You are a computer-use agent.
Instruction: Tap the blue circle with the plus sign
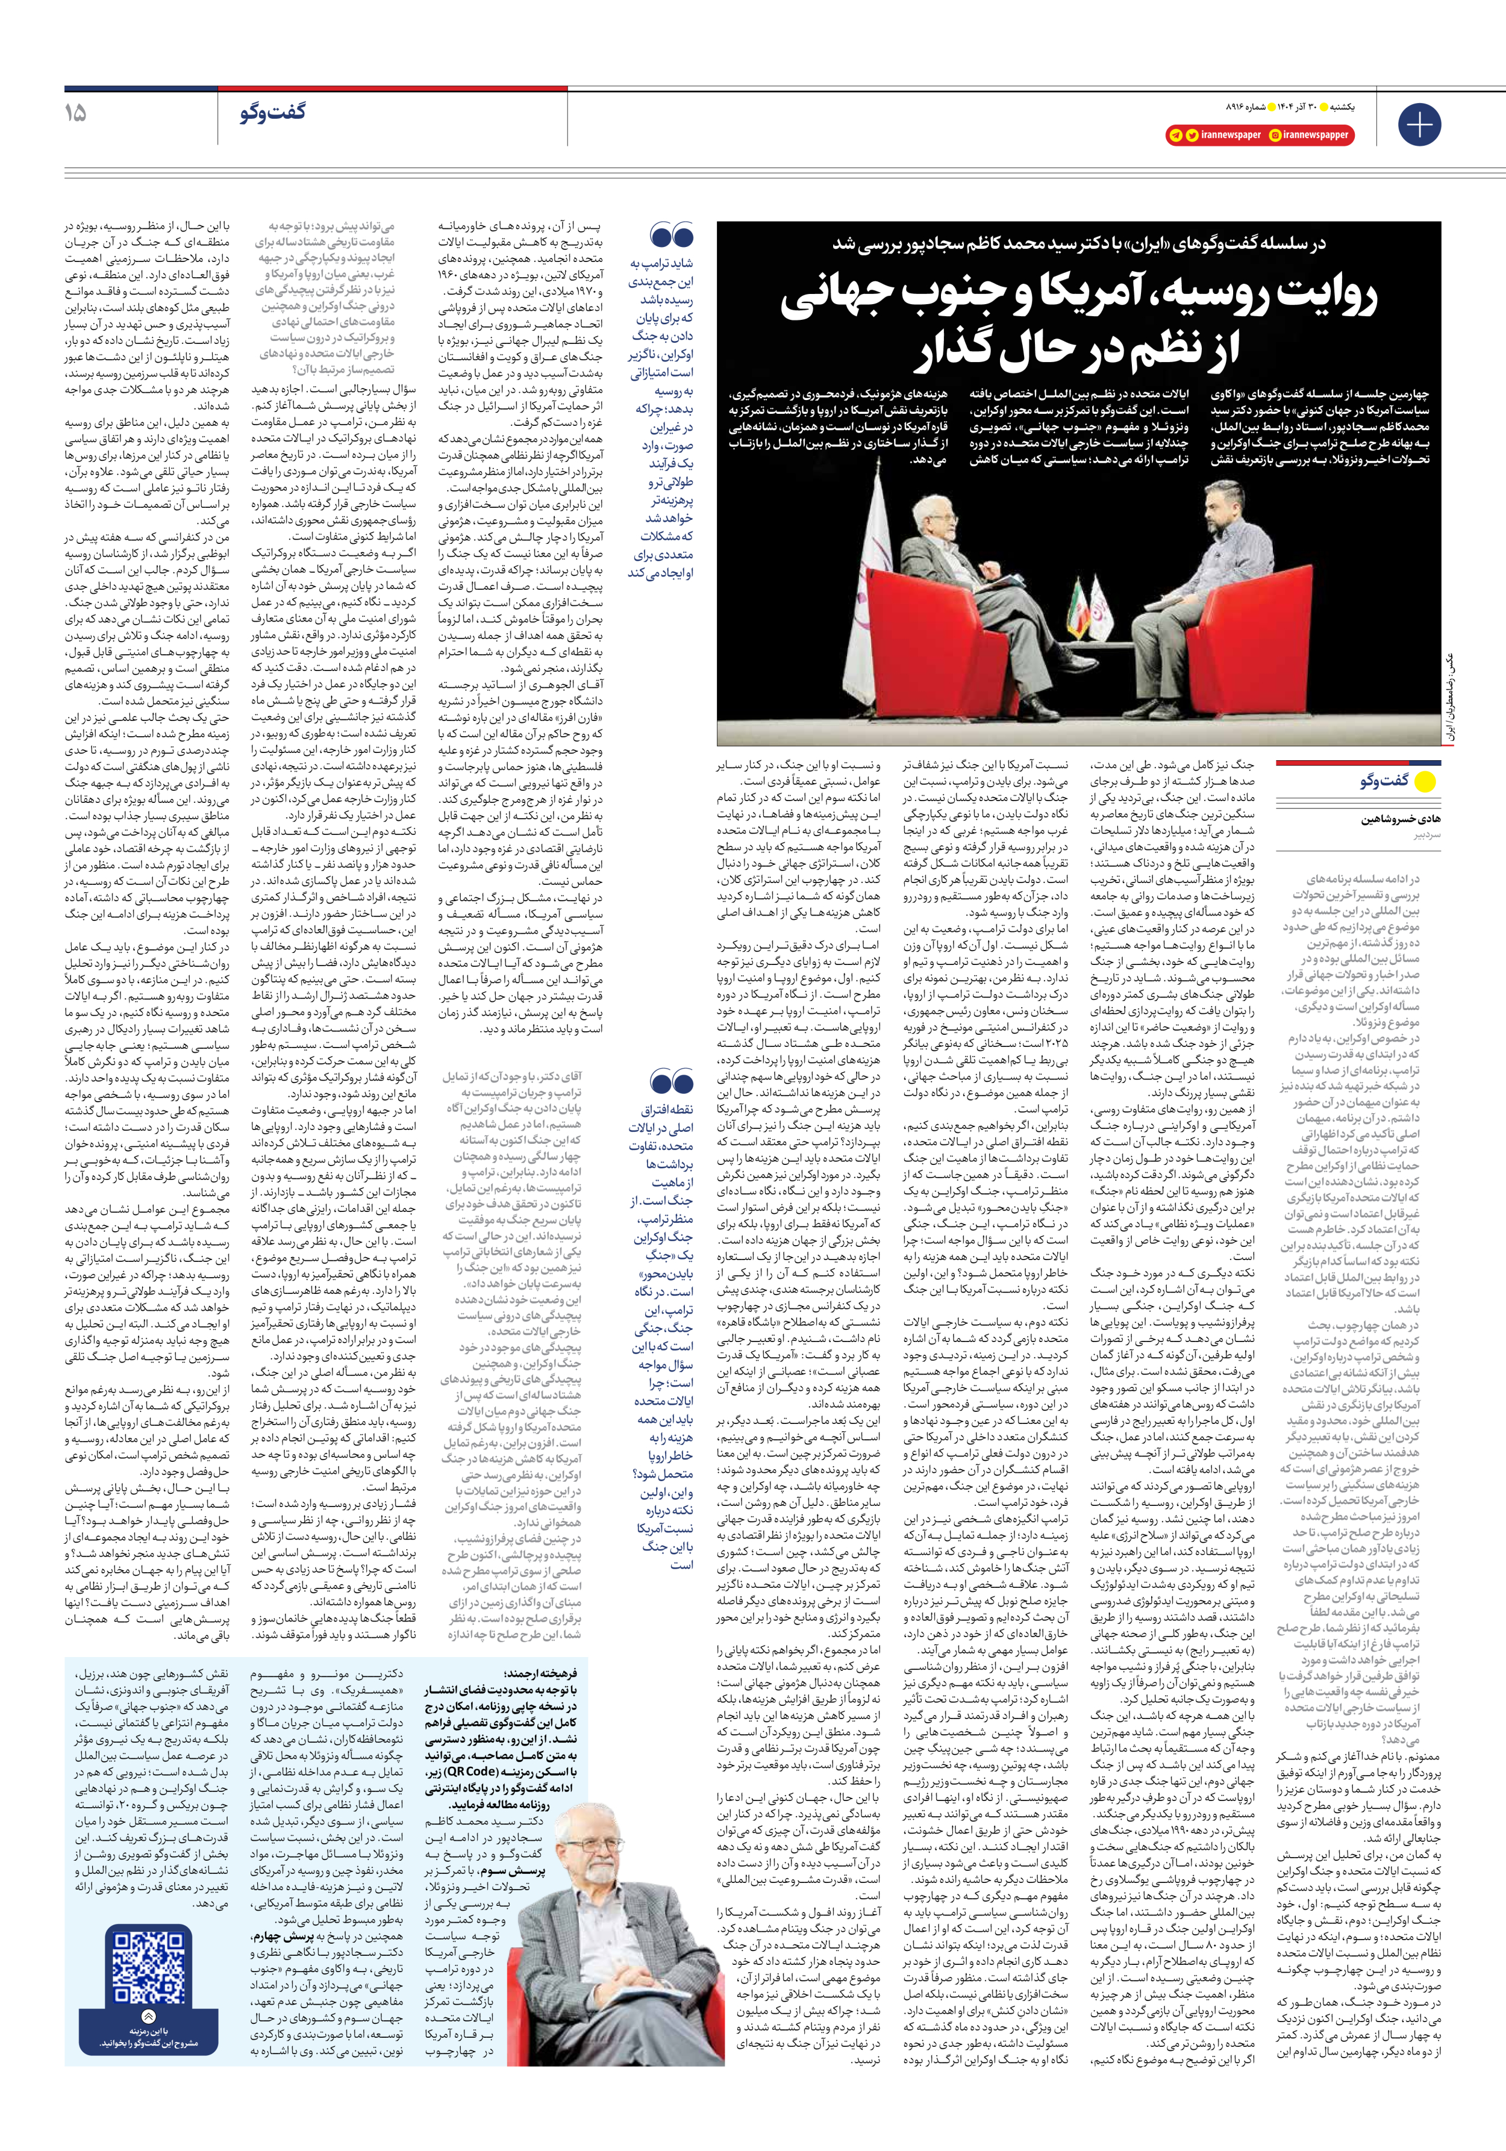[1419, 125]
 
